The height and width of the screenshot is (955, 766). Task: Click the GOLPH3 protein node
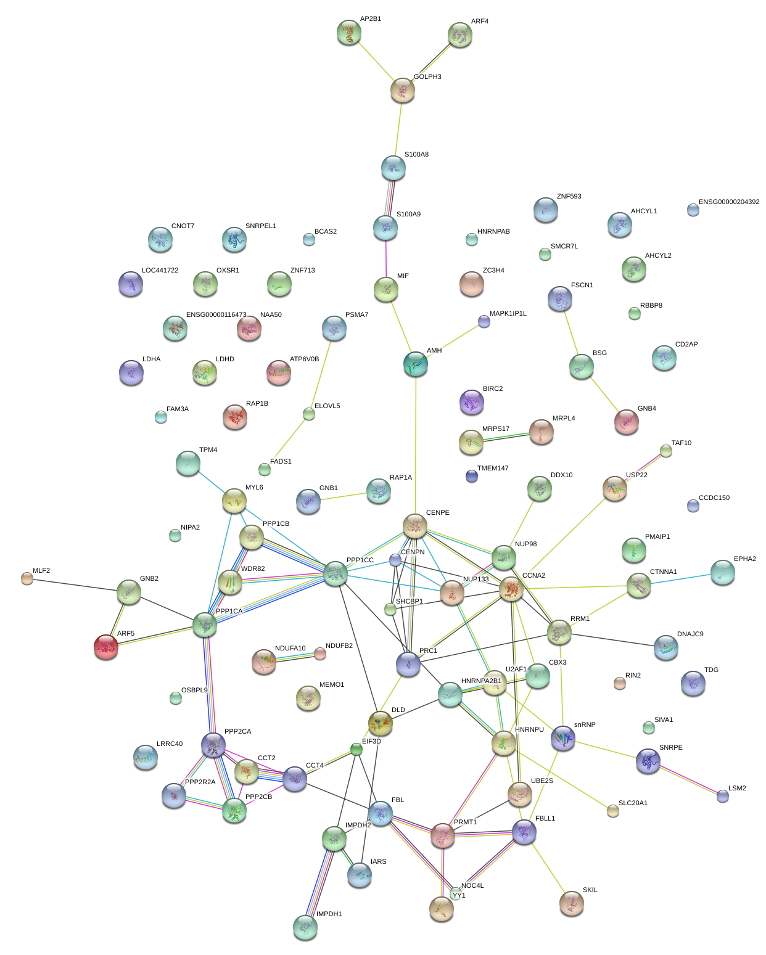[402, 90]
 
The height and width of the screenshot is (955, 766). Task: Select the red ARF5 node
[106, 647]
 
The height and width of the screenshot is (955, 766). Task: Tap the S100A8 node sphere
[393, 168]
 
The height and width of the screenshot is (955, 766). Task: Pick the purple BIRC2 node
[472, 402]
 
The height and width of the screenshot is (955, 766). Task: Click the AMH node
[416, 364]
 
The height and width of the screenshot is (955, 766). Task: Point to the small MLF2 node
[27, 578]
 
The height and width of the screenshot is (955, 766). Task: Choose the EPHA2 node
[722, 572]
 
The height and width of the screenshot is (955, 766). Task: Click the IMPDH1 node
[305, 927]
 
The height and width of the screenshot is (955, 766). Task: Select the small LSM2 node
[723, 796]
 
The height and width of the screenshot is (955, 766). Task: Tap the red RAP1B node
[234, 417]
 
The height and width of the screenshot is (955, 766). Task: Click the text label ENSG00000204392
[728, 202]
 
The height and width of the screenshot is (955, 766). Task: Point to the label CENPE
[437, 513]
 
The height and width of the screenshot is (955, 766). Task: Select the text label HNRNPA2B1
[481, 681]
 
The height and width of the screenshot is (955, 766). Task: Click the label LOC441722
[160, 271]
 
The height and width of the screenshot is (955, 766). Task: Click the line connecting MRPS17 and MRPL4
[506, 437]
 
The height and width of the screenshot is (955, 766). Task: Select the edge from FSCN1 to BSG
[570, 333]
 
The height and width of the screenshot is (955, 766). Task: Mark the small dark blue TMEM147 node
[472, 476]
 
